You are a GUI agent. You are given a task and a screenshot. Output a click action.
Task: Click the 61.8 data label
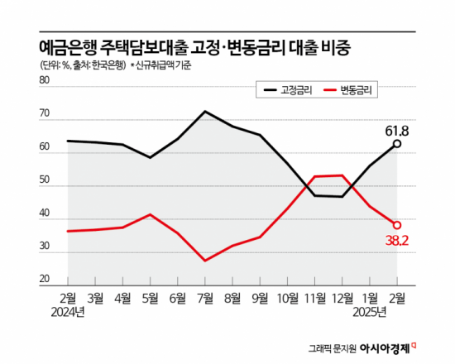click(x=398, y=131)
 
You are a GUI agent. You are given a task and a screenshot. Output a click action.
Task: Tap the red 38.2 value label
click(x=398, y=241)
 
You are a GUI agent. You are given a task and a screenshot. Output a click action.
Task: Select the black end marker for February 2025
click(x=397, y=144)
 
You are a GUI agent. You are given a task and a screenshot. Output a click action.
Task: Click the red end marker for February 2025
click(x=397, y=225)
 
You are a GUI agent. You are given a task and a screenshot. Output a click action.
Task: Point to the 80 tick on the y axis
click(x=45, y=81)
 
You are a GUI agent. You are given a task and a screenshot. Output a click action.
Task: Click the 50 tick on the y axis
click(x=45, y=180)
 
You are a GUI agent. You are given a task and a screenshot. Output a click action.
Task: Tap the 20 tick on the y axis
click(x=45, y=280)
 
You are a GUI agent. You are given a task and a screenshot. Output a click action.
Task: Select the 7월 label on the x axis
click(x=205, y=299)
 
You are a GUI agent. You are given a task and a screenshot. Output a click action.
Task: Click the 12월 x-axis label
click(x=341, y=299)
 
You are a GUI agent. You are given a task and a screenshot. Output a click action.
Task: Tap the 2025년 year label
click(x=369, y=312)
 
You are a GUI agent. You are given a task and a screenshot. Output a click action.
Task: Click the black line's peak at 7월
click(x=205, y=111)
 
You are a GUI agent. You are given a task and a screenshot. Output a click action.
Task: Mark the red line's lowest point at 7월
click(x=205, y=261)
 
